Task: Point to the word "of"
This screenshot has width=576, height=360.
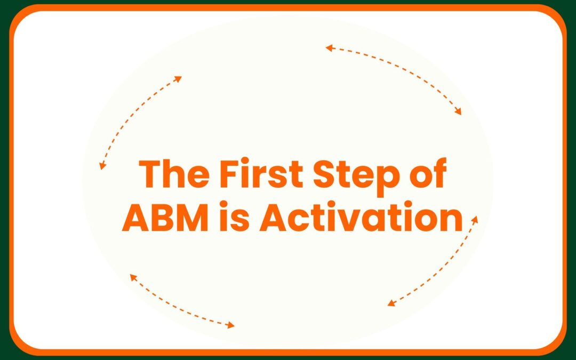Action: pyautogui.click(x=427, y=174)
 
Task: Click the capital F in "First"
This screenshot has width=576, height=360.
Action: pyautogui.click(x=230, y=174)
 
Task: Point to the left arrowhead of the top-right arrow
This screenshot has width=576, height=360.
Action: pyautogui.click(x=329, y=47)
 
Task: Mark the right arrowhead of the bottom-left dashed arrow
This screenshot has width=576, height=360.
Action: pyautogui.click(x=231, y=325)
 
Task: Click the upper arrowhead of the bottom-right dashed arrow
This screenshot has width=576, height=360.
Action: pyautogui.click(x=475, y=219)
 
